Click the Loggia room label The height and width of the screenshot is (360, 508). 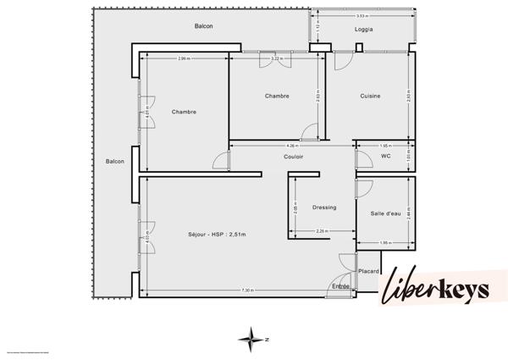364,30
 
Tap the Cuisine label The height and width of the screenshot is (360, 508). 369,96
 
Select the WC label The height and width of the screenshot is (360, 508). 385,156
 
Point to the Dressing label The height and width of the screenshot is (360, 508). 324,207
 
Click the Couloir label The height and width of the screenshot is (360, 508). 294,157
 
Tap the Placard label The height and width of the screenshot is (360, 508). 368,271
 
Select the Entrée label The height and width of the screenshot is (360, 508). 340,286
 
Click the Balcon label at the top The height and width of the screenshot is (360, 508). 203,26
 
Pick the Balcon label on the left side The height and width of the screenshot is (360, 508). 115,161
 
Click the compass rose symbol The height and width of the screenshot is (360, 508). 252,339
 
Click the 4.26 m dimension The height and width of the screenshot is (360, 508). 291,146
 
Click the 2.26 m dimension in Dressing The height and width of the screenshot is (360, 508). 322,231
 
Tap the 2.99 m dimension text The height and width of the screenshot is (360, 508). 184,58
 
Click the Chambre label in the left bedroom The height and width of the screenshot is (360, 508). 184,112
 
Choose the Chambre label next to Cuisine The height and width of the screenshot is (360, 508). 277,96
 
